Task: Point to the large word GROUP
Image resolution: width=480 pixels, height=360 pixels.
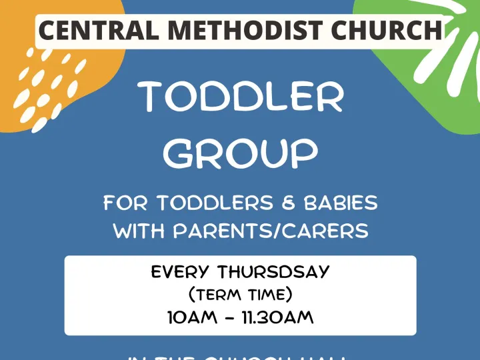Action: pos(241,155)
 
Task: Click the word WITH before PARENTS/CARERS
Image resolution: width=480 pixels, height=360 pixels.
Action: pos(140,231)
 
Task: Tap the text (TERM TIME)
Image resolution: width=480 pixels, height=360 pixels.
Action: pos(240,294)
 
